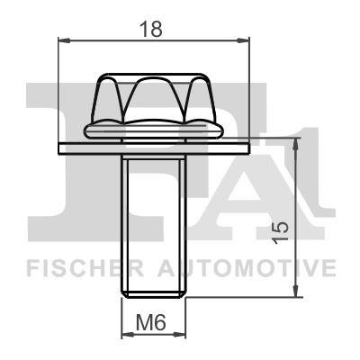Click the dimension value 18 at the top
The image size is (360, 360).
[151, 29]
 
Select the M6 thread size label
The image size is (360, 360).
[151, 323]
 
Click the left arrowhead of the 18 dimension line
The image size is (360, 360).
[64, 40]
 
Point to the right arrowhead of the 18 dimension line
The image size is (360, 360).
[243, 40]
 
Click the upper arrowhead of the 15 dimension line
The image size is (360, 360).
[297, 146]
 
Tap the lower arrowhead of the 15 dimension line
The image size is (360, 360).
[297, 290]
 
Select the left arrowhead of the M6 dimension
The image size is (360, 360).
[129, 334]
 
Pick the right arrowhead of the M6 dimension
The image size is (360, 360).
[179, 334]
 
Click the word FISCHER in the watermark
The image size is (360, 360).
[85, 268]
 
